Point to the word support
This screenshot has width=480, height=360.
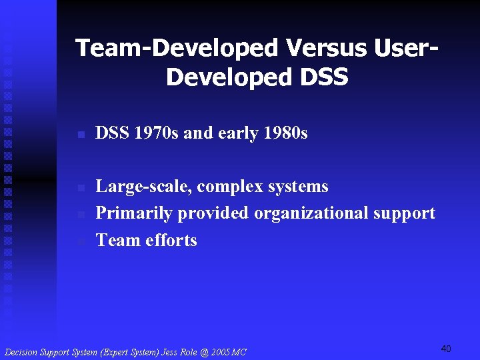[x=404, y=213]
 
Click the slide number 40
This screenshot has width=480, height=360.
[x=446, y=349]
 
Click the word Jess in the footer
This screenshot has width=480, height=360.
[x=170, y=352]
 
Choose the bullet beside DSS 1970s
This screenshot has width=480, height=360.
[x=81, y=135]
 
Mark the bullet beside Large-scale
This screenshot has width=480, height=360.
[x=81, y=187]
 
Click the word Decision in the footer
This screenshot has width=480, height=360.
[x=21, y=352]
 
